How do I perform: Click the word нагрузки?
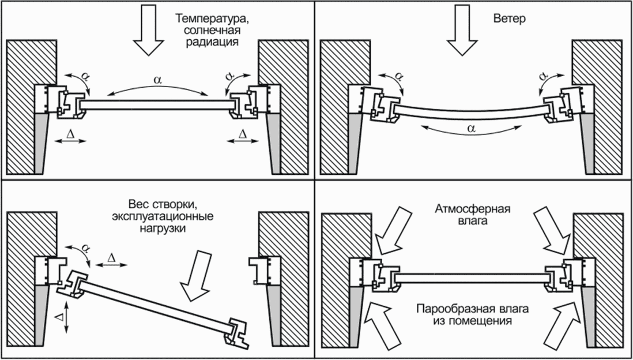click(x=164, y=228)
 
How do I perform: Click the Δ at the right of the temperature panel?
click(x=242, y=134)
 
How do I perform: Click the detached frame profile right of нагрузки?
click(x=263, y=271)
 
